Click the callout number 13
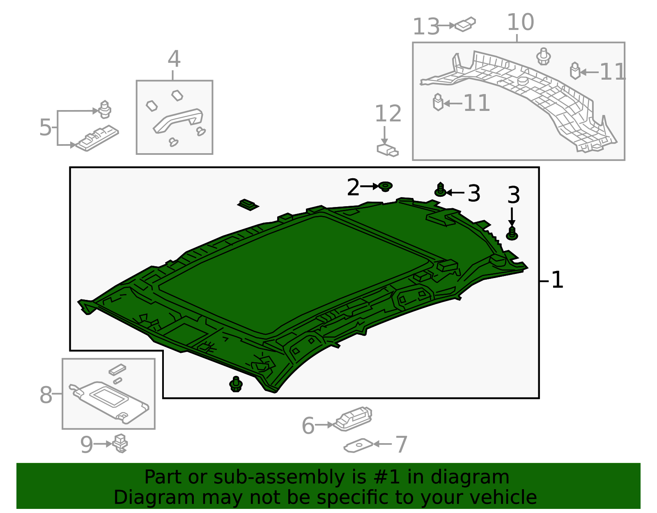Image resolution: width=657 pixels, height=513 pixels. (x=426, y=27)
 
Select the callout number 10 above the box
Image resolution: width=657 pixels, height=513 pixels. (x=520, y=22)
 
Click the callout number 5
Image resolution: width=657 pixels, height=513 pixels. (x=45, y=127)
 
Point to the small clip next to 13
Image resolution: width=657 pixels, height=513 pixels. (x=465, y=25)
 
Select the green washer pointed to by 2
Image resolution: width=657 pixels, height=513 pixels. (x=385, y=186)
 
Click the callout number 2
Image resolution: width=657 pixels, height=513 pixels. (x=353, y=187)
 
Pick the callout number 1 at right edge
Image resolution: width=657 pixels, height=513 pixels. (x=557, y=280)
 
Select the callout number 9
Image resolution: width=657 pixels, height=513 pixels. (x=86, y=444)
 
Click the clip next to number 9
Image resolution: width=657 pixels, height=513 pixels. (x=120, y=443)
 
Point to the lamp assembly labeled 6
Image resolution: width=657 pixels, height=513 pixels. (x=353, y=419)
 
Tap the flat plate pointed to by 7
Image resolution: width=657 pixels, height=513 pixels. (x=358, y=445)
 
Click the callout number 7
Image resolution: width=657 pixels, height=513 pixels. (x=401, y=444)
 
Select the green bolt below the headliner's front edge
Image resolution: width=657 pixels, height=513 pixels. (x=236, y=384)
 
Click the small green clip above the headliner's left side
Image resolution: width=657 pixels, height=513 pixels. (x=248, y=204)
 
